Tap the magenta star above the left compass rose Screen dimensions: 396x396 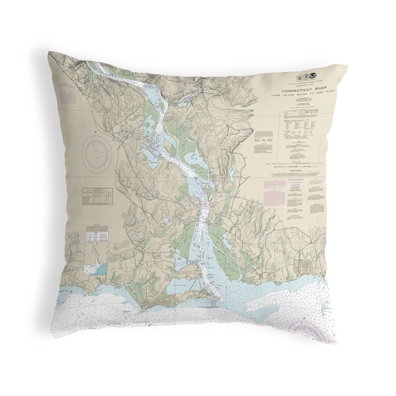pos(96,133)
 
